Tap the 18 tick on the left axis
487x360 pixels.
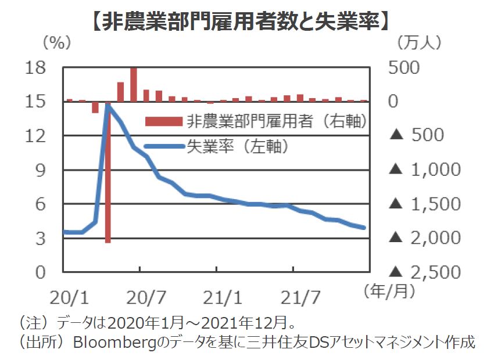tap(36, 68)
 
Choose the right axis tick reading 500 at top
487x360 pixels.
tap(416, 68)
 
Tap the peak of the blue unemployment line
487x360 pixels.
tap(108, 105)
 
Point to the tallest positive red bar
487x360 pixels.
tap(134, 84)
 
